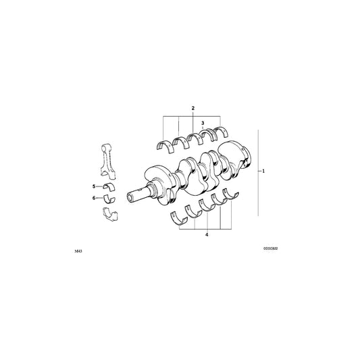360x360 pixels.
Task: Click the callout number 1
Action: [x=264, y=172]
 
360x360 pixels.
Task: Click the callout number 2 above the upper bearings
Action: [x=192, y=109]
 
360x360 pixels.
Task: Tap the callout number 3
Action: [x=203, y=122]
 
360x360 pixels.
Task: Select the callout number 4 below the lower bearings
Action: [x=207, y=236]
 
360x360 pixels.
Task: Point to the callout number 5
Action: [x=95, y=186]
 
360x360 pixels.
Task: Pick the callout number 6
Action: [x=95, y=197]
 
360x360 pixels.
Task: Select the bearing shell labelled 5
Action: [x=109, y=186]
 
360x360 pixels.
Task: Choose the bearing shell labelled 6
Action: [x=109, y=197]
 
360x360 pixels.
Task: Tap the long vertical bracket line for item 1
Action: [x=257, y=172]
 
